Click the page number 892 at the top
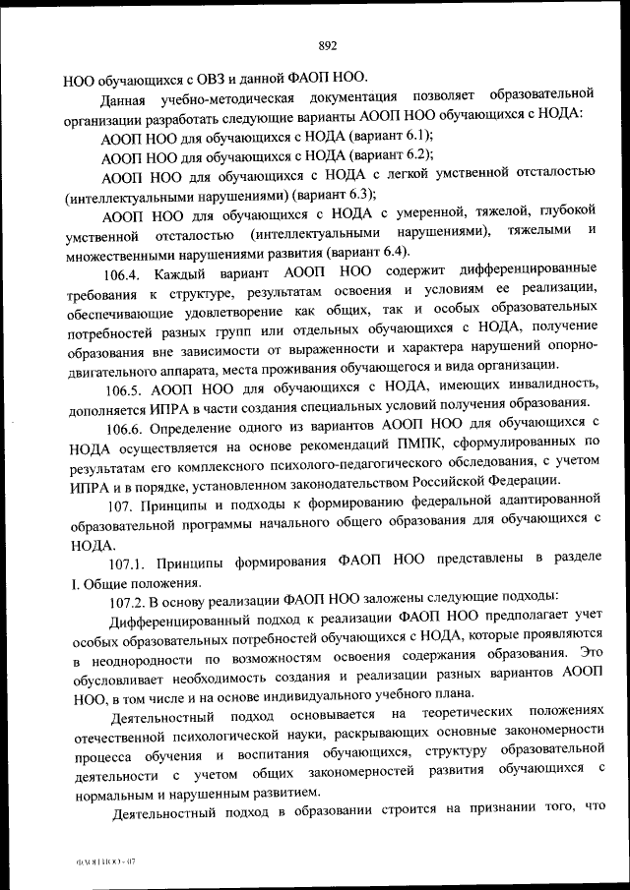point(328,44)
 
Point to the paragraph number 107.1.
point(128,560)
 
